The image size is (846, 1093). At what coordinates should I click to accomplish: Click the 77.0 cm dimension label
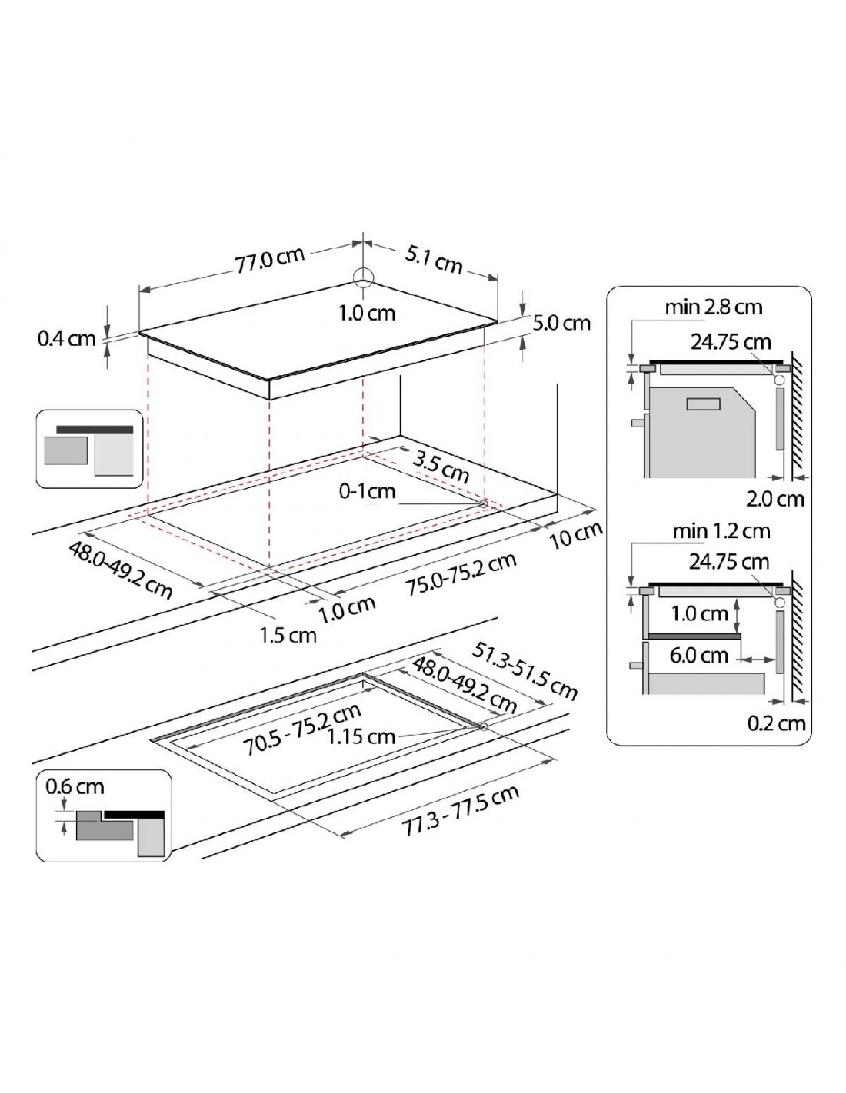pyautogui.click(x=270, y=259)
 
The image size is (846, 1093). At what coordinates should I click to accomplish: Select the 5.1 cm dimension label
pyautogui.click(x=433, y=260)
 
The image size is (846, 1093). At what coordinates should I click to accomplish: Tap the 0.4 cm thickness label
pyautogui.click(x=66, y=338)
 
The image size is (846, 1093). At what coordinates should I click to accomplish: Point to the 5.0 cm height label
pyautogui.click(x=561, y=322)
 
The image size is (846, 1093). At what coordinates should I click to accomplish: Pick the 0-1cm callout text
pyautogui.click(x=367, y=491)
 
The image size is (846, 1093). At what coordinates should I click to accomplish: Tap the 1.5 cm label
pyautogui.click(x=288, y=636)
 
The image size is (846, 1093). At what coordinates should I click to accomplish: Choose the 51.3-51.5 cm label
pyautogui.click(x=524, y=670)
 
